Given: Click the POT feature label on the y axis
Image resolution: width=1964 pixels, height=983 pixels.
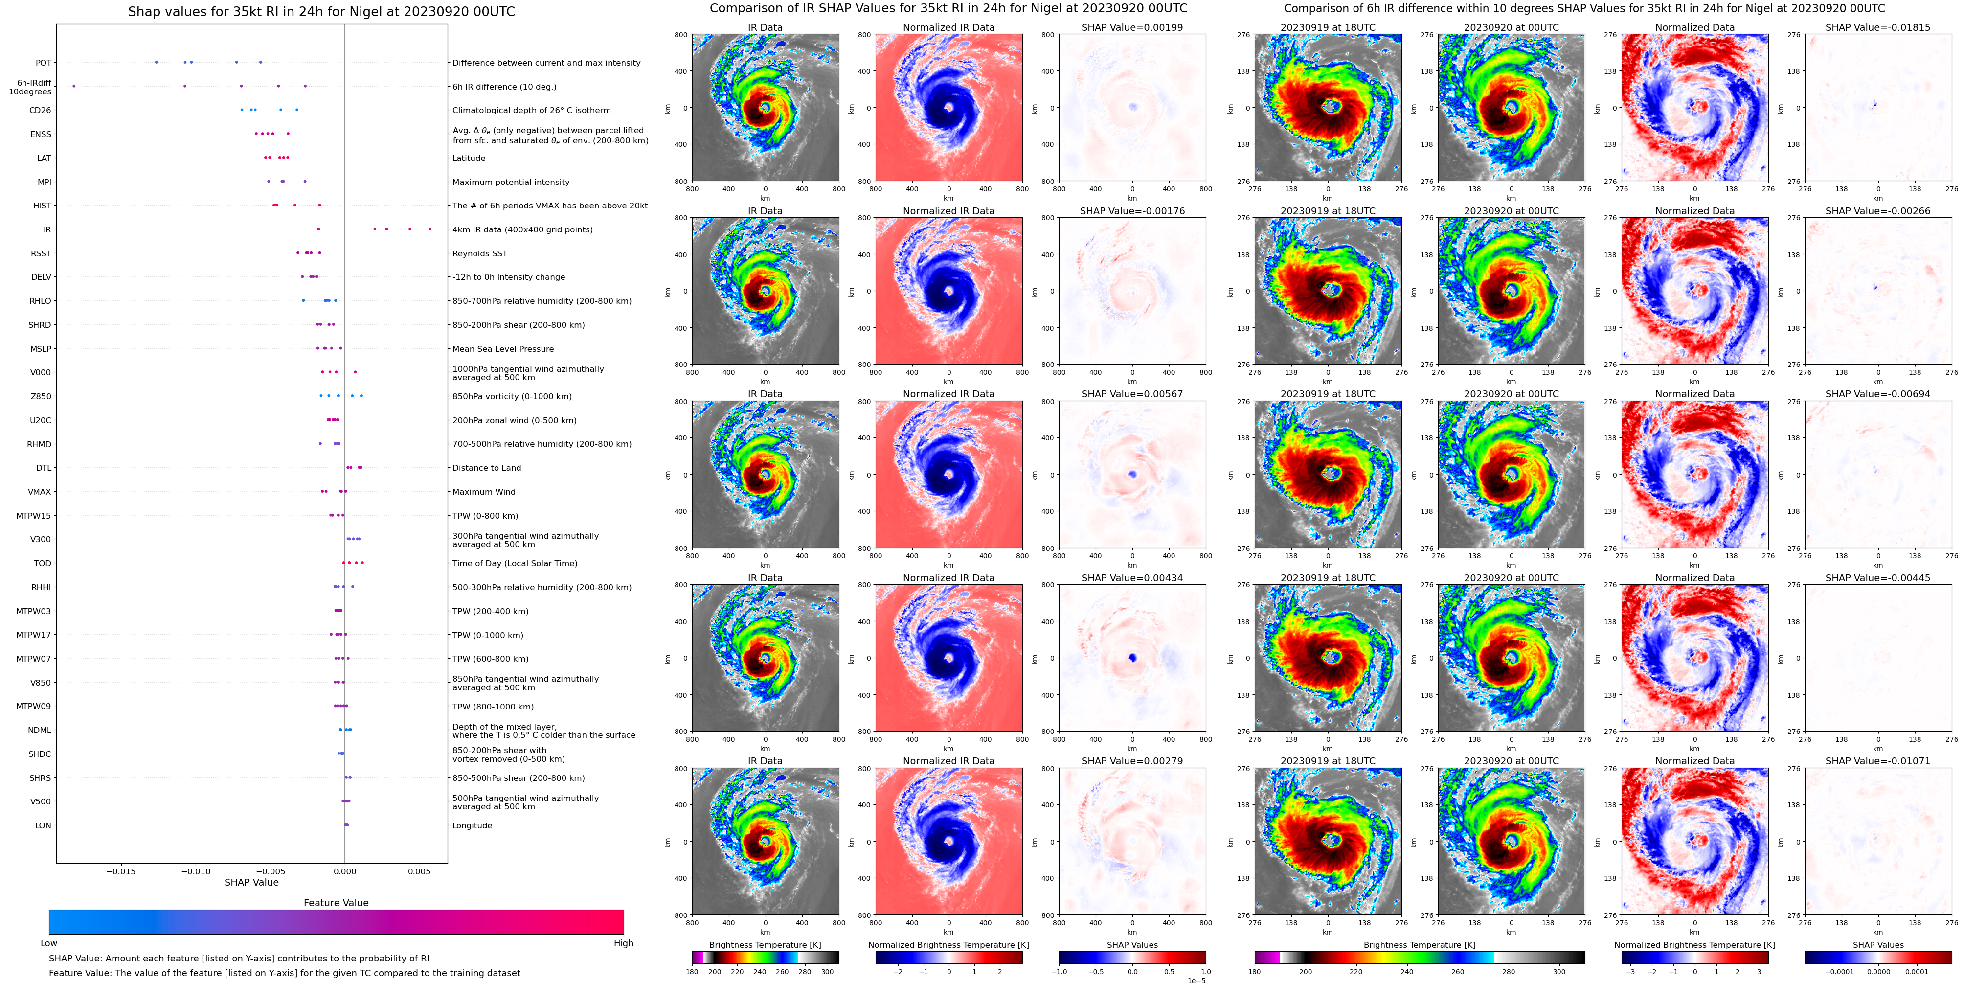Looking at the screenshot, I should (x=44, y=63).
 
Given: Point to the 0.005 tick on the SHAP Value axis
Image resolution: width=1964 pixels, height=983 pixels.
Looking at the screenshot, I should (x=419, y=871).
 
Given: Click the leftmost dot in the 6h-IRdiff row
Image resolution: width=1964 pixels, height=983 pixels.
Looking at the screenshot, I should (x=74, y=86).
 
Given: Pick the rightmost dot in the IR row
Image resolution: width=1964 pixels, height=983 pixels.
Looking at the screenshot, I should (x=430, y=229).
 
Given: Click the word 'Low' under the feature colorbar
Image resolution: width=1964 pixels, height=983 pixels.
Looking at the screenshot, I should (x=49, y=943).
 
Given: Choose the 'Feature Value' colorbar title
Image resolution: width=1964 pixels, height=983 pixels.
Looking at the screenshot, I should (x=336, y=903).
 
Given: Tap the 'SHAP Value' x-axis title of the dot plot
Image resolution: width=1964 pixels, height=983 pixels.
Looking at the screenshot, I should (x=251, y=882).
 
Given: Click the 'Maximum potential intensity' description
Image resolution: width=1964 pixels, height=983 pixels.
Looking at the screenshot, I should (x=511, y=182).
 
